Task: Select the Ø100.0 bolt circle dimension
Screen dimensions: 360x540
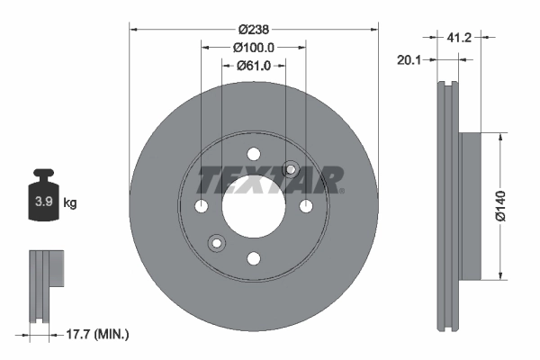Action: [254, 47]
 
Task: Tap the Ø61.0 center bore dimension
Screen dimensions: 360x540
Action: [255, 65]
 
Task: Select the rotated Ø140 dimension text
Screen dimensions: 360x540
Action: [508, 206]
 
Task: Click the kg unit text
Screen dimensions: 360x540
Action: [70, 203]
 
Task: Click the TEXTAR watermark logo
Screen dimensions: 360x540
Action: [269, 179]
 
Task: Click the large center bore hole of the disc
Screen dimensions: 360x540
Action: [254, 207]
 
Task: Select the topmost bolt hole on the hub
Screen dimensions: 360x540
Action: [254, 154]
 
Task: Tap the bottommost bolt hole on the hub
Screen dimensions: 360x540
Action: [254, 259]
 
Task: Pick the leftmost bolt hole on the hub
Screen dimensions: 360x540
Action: [201, 207]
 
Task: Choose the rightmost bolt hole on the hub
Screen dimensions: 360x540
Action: [306, 207]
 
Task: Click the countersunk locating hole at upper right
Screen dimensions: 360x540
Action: [291, 169]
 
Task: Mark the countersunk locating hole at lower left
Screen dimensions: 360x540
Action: [216, 243]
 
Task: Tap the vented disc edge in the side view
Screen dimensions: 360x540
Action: [447, 206]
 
